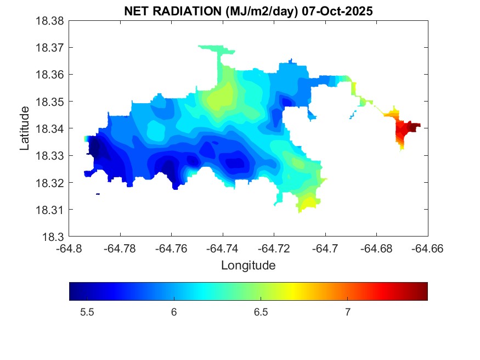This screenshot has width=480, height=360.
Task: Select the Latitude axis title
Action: pos(25,128)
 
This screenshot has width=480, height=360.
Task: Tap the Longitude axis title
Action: pos(248,266)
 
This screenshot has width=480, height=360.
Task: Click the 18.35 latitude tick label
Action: pos(50,102)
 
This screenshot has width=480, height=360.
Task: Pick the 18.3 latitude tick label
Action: pos(55,237)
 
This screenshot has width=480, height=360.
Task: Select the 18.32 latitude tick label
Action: pos(50,183)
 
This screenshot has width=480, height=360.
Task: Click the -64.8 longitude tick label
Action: pos(69,248)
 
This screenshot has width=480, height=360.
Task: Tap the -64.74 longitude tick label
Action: pos(223,248)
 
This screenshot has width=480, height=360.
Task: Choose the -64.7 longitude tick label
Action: pos(325,248)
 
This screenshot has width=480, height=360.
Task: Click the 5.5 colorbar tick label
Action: pos(87,312)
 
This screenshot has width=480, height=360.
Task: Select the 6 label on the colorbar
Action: pos(174,312)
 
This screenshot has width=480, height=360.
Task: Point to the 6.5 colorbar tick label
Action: pos(261,312)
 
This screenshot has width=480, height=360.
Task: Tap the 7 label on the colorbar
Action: pos(347,312)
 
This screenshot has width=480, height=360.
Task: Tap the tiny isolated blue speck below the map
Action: pos(98,194)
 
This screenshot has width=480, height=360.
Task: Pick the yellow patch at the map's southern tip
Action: pos(308,202)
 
